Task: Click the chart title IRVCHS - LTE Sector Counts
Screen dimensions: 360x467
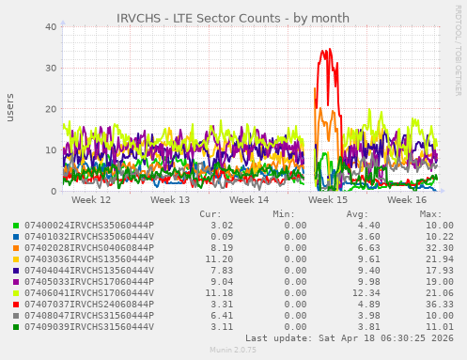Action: (233, 18)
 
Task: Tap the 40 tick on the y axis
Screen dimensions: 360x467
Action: (51, 26)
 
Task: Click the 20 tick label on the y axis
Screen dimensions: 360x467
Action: (51, 109)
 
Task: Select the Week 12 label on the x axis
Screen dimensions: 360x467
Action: (91, 200)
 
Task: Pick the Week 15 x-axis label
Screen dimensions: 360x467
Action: (328, 200)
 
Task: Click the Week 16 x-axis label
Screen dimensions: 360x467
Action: (407, 200)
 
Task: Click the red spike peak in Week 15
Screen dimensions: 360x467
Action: (329, 49)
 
